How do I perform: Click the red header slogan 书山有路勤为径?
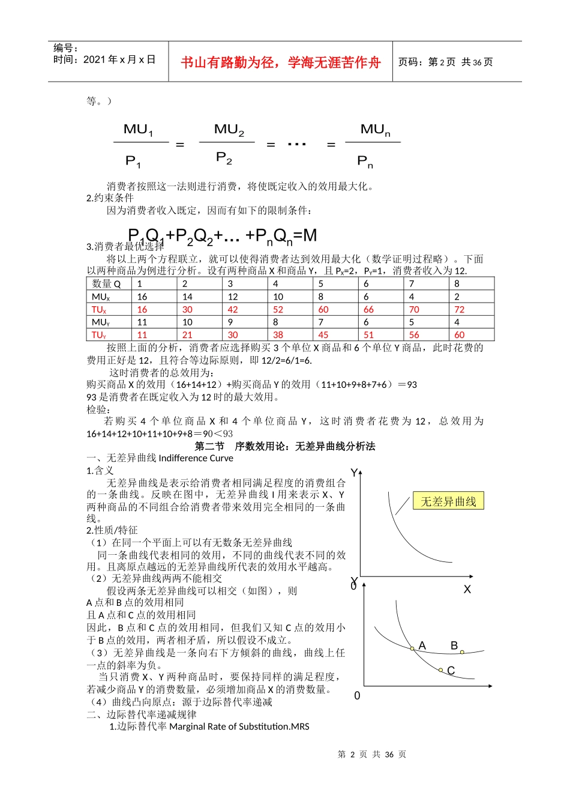click(x=280, y=62)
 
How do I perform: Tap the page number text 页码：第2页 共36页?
click(x=445, y=62)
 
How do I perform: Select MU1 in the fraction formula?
click(x=139, y=130)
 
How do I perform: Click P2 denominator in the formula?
click(x=224, y=158)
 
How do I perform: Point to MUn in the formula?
click(x=375, y=130)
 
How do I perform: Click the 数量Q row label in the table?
click(x=107, y=284)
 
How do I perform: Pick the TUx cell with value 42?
click(x=233, y=310)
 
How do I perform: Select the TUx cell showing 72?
click(x=460, y=310)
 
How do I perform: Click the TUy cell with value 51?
click(x=368, y=335)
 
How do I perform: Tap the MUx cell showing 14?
click(x=188, y=297)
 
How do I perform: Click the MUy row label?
click(x=101, y=322)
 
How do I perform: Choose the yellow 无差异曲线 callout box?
click(x=448, y=501)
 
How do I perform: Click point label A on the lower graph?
click(x=422, y=645)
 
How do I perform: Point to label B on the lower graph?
click(x=454, y=645)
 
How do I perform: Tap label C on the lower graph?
click(x=451, y=671)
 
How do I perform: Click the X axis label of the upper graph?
click(x=467, y=590)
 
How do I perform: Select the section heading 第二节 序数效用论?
click(x=285, y=446)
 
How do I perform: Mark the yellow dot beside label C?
click(x=440, y=670)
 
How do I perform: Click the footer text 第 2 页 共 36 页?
click(x=372, y=755)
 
